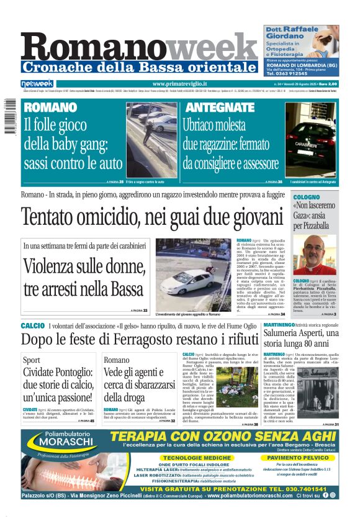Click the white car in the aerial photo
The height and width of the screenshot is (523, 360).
[189, 283]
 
